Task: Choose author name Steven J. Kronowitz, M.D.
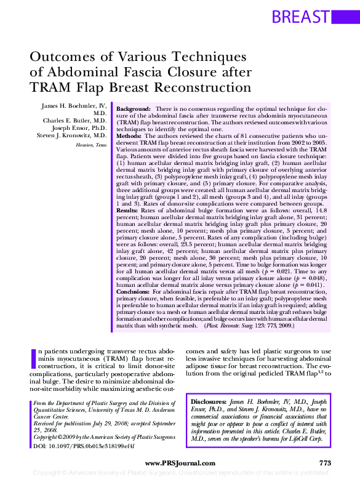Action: pos(71,135)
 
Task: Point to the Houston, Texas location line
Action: pos(91,145)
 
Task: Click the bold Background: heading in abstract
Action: pos(134,108)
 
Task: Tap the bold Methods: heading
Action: pos(130,135)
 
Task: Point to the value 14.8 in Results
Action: pos(328,210)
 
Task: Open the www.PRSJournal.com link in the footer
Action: pos(180,463)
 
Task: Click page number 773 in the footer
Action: pos(326,463)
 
